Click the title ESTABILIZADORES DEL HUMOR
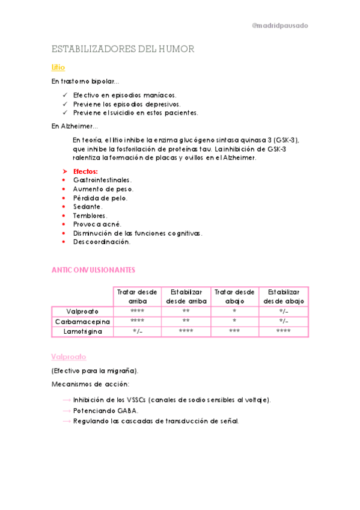(x=123, y=49)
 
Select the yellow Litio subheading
(x=58, y=67)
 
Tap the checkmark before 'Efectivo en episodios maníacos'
(x=65, y=95)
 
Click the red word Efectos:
(x=85, y=171)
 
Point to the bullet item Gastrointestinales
(x=102, y=180)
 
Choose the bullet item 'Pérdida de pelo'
(x=100, y=197)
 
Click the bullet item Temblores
(x=90, y=215)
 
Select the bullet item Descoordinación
(x=102, y=242)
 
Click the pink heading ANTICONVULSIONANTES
(x=93, y=270)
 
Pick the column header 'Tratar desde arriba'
(x=137, y=296)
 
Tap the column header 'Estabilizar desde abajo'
(x=284, y=296)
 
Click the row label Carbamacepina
(x=83, y=321)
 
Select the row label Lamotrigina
(x=83, y=331)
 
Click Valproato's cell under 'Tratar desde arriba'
(x=137, y=311)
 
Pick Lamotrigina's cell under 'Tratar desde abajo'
(x=234, y=331)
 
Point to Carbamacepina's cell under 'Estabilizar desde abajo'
(x=284, y=321)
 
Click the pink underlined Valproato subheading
(x=69, y=356)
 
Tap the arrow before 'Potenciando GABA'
(x=66, y=410)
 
